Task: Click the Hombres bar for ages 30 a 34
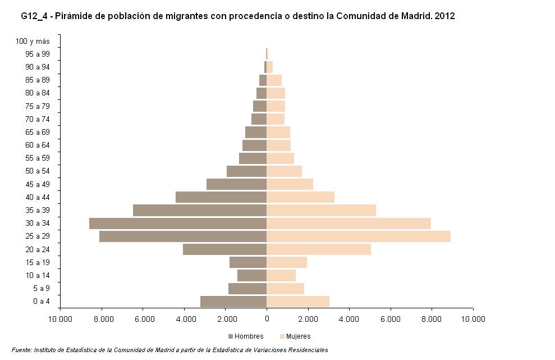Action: click(177, 224)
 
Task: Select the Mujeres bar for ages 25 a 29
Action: click(358, 236)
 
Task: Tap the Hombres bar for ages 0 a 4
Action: click(233, 302)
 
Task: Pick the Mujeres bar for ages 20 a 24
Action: click(318, 249)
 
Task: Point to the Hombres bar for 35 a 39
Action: click(199, 210)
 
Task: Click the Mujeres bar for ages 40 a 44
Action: click(300, 197)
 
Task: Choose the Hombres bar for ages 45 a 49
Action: click(236, 184)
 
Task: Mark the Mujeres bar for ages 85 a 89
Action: click(274, 80)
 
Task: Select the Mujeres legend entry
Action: click(294, 336)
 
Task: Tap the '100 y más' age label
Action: click(33, 41)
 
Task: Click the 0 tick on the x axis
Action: click(267, 319)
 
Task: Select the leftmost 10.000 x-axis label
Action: click(60, 319)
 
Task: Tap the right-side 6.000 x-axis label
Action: click(390, 319)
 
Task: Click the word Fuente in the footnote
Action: click(21, 350)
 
